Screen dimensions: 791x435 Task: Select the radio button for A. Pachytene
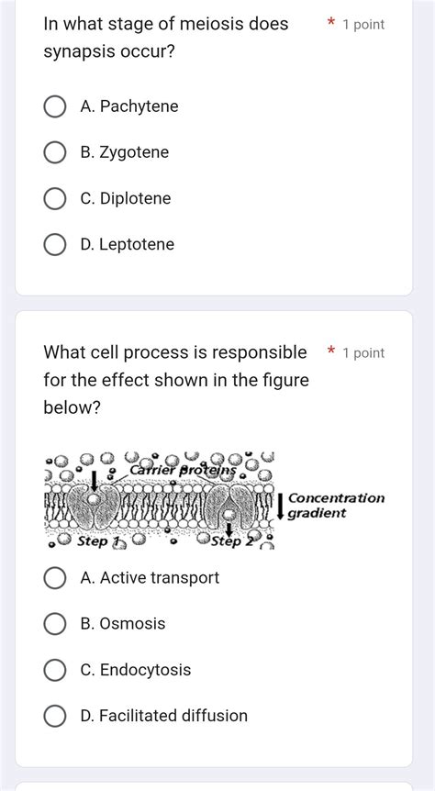click(x=55, y=107)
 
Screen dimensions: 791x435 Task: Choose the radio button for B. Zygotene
click(x=55, y=153)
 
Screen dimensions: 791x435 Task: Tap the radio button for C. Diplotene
click(x=55, y=199)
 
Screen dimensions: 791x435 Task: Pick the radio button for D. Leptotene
click(x=55, y=245)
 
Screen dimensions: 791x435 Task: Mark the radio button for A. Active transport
click(x=55, y=578)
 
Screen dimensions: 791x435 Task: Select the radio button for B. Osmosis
click(x=55, y=624)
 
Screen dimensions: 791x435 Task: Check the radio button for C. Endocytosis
click(x=55, y=670)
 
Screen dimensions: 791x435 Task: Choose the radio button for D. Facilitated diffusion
click(x=55, y=716)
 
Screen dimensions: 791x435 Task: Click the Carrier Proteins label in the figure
click(x=183, y=470)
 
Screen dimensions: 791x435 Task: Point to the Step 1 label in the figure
click(x=99, y=541)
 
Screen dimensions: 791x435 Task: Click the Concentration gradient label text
click(x=335, y=505)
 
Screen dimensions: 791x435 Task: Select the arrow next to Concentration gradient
click(x=280, y=506)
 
